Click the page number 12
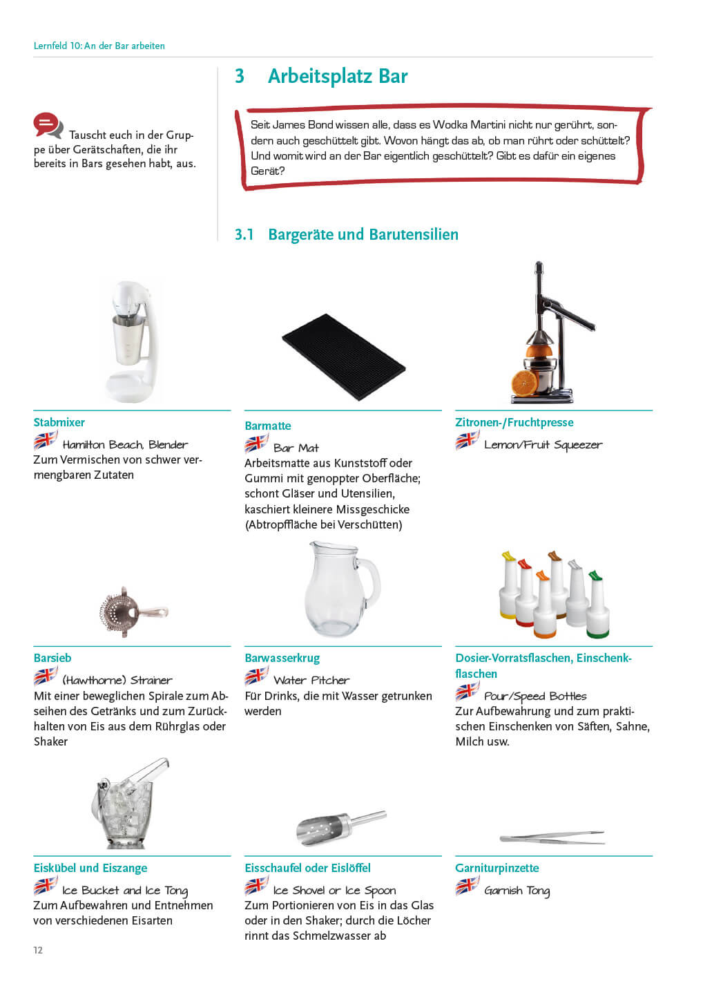38,950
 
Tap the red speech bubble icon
48,125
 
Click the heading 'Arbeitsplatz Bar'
337,76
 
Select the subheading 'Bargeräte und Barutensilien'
363,234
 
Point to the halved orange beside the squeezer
524,381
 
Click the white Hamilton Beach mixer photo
131,340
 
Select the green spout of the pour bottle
594,575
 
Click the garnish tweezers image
551,837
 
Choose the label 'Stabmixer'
59,422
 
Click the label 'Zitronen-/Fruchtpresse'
514,422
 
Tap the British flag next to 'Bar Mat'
256,444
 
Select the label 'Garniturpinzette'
497,868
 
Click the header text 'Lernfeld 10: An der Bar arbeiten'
99,46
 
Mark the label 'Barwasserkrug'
282,658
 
